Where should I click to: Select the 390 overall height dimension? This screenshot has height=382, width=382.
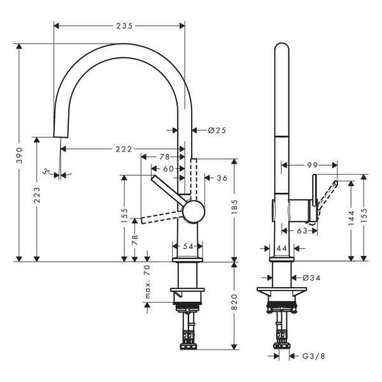point(20,153)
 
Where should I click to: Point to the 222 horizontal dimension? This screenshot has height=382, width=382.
point(124,149)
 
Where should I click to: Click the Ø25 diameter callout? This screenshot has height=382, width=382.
point(217,130)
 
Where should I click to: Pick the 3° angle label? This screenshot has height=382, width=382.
point(46,171)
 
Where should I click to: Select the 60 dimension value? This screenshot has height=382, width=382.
point(168,169)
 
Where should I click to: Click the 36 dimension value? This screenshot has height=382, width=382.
point(222,178)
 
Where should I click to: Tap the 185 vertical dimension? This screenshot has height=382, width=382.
point(234,206)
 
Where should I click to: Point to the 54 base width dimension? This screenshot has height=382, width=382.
point(188,246)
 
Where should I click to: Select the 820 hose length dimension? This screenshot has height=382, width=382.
point(234,303)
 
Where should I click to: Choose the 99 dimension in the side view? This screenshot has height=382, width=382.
point(312,165)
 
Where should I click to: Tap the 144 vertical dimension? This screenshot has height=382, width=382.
point(350,220)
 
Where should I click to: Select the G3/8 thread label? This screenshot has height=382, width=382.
point(313,356)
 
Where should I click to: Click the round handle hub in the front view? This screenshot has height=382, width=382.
point(194,211)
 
